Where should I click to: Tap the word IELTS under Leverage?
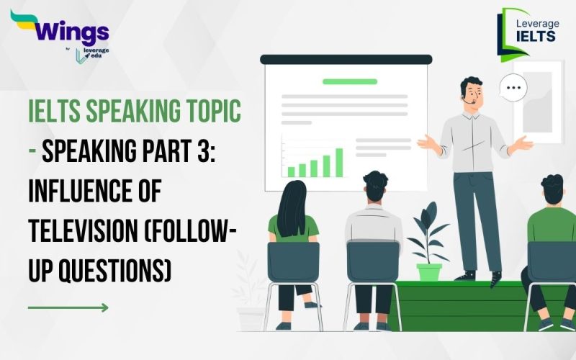(x=537, y=35)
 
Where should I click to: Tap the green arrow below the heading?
(x=68, y=307)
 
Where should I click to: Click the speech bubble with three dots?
(x=513, y=88)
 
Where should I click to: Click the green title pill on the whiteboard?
(x=350, y=81)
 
